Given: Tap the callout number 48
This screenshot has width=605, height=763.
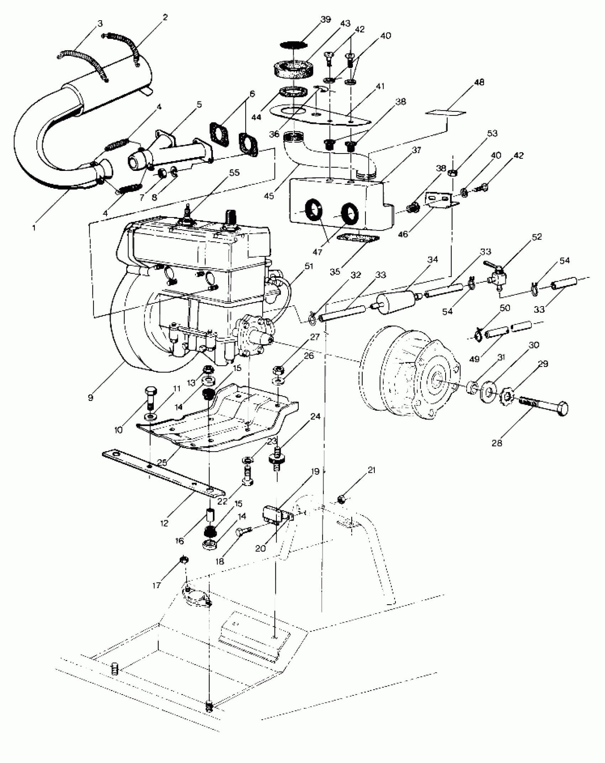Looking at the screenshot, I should pyautogui.click(x=479, y=82).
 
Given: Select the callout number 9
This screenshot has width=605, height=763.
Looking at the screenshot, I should pyautogui.click(x=91, y=397).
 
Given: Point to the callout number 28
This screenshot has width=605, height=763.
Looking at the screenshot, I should pyautogui.click(x=497, y=443).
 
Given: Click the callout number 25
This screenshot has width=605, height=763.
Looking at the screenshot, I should pyautogui.click(x=162, y=462).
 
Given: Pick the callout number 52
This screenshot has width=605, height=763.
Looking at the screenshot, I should pyautogui.click(x=537, y=237).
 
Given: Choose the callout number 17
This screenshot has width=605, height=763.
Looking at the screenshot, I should pyautogui.click(x=157, y=586).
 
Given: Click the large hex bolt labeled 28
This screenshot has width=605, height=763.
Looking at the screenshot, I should pyautogui.click(x=544, y=406).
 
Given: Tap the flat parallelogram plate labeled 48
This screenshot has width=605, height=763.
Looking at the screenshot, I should pyautogui.click(x=446, y=113).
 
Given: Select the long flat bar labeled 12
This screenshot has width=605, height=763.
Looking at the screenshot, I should pyautogui.click(x=164, y=474).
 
